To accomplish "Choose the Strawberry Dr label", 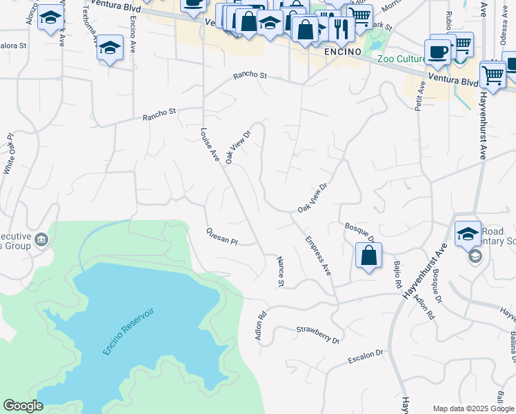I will (x=318, y=335).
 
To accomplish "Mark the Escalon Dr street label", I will (x=365, y=356).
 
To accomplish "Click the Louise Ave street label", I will (x=210, y=145).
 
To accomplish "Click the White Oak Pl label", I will (x=9, y=153).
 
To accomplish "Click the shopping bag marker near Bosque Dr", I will (x=369, y=255).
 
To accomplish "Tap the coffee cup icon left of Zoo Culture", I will (x=437, y=50).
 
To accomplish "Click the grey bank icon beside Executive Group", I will (x=42, y=239).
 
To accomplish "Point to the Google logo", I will (x=23, y=406).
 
